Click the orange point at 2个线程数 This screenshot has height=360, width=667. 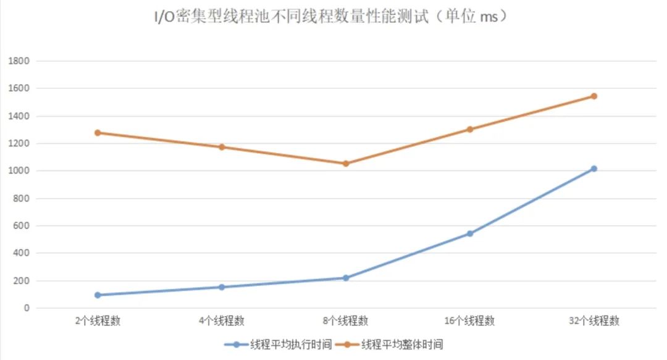(98, 133)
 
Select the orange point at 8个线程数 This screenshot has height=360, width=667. (346, 164)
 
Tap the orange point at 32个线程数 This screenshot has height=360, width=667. (594, 96)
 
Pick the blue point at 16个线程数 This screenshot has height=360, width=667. (470, 233)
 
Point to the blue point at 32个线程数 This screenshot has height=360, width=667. (594, 169)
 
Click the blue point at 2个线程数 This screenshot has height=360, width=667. (98, 295)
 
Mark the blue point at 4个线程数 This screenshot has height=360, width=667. (222, 287)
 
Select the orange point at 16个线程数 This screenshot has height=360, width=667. (470, 130)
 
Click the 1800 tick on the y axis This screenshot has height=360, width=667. (19, 62)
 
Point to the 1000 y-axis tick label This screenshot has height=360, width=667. (19, 171)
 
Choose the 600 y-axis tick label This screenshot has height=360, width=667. (22, 226)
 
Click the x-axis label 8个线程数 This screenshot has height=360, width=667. (346, 321)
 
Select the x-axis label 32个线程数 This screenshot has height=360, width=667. (594, 321)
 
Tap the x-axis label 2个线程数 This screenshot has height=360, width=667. (98, 321)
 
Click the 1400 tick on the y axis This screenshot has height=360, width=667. (19, 117)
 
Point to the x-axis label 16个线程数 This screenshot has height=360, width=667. (470, 321)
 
